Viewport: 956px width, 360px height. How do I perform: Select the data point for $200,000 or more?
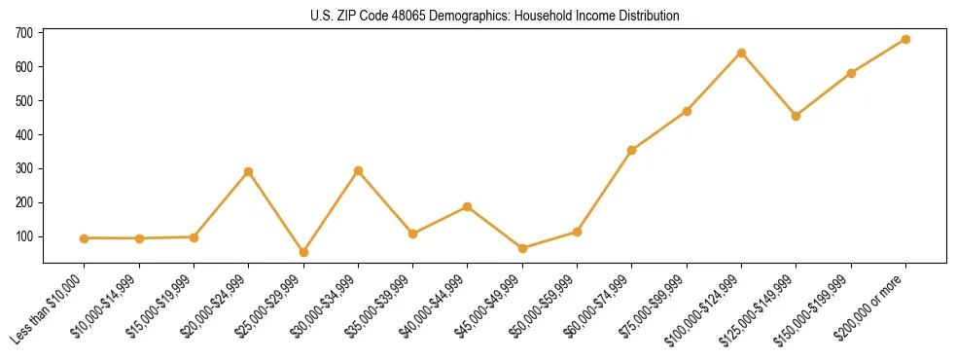(905, 39)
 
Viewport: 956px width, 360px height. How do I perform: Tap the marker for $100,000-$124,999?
(741, 53)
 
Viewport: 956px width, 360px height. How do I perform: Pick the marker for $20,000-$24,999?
(249, 171)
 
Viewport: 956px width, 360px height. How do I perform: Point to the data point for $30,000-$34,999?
(358, 170)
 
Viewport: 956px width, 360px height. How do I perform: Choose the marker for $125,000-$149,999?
(796, 116)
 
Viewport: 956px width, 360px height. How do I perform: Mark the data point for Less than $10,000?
(85, 238)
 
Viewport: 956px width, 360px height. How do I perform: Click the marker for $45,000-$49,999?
(522, 248)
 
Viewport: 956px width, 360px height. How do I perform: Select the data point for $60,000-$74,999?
(632, 150)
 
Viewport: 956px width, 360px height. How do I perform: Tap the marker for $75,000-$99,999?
(687, 111)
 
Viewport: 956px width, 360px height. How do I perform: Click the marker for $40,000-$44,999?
(468, 206)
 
